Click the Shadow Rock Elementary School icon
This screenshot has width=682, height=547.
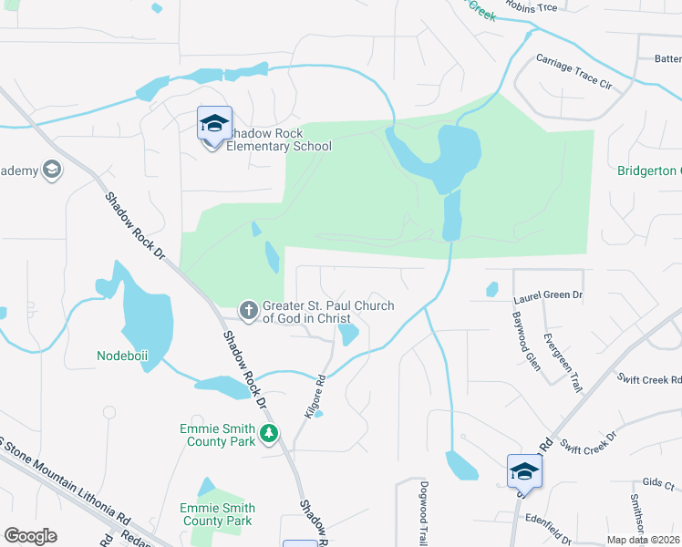pos(214,124)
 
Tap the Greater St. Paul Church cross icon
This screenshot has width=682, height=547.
pos(247,311)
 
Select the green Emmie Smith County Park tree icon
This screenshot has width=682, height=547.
pos(268,434)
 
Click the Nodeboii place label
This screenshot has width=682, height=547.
pos(122,355)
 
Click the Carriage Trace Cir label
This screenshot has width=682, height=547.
pos(573,70)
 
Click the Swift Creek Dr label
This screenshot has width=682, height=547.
pos(588,442)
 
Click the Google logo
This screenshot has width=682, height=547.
pos(30,536)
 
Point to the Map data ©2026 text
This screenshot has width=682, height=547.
pos(642,540)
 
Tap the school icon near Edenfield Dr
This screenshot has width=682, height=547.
pos(524,472)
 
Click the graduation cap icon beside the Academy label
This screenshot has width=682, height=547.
pos(52,170)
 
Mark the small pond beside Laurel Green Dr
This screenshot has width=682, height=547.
pos(492,289)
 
